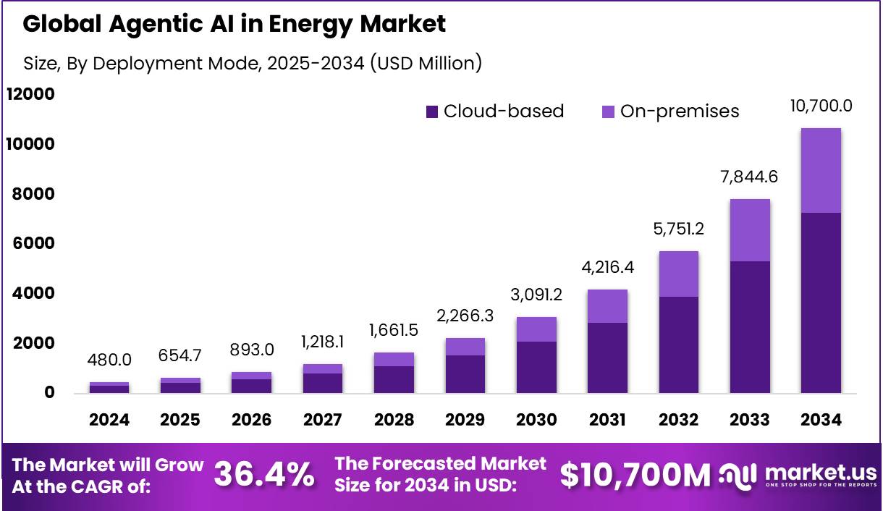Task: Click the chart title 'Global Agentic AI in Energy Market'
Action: pos(234,25)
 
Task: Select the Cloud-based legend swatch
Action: pos(432,111)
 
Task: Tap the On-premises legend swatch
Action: pos(608,111)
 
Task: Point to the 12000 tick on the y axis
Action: pos(30,95)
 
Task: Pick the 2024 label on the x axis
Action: pos(109,421)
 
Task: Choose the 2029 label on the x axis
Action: pos(465,421)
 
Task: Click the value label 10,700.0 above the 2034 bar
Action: pos(821,106)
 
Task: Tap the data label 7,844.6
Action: pos(750,177)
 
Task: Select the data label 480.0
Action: pos(109,360)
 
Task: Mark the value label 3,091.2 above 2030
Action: pos(536,295)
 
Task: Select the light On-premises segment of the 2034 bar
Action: pos(821,170)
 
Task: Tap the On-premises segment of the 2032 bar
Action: pos(678,274)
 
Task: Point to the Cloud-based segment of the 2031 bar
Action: pos(607,358)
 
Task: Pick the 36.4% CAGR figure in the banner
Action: pos(265,475)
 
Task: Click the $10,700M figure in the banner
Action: pos(635,475)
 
